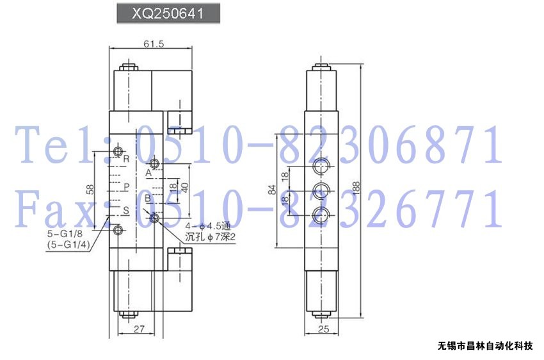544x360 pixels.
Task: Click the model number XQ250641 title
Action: pyautogui.click(x=168, y=13)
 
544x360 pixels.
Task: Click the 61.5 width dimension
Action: pyautogui.click(x=154, y=44)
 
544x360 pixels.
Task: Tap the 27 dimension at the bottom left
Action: pyautogui.click(x=139, y=329)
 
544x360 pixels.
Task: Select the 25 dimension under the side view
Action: pyautogui.click(x=323, y=329)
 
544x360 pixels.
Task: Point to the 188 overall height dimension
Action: pyautogui.click(x=356, y=188)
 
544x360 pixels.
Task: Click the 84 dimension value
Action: pyautogui.click(x=273, y=190)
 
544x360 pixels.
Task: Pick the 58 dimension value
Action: pyautogui.click(x=90, y=189)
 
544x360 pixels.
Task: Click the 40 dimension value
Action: pyautogui.click(x=184, y=188)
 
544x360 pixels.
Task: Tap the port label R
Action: pyautogui.click(x=126, y=159)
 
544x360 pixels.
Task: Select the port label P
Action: pyautogui.click(x=127, y=187)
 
